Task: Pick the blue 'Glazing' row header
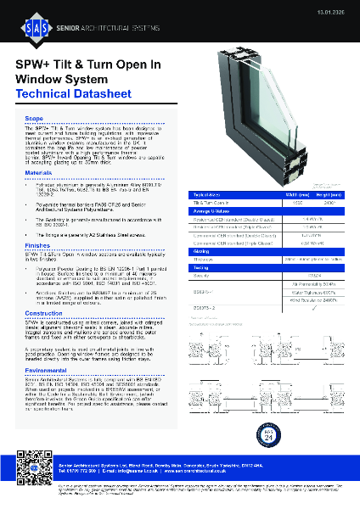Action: click(x=205, y=250)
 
